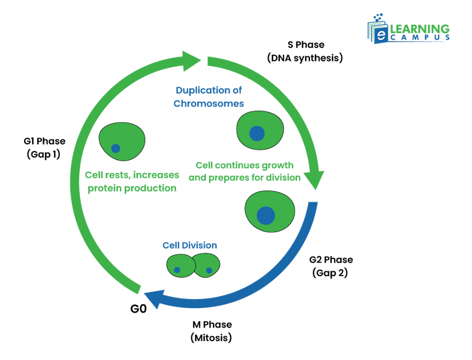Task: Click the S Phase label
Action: pos(305,45)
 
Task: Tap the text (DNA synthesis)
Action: pos(305,58)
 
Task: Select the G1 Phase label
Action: pos(44,141)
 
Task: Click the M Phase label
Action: pos(212,325)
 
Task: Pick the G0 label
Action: pos(139,309)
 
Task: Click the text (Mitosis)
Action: pos(211,338)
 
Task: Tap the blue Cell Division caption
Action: pos(190,245)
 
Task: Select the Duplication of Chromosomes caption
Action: pos(210,97)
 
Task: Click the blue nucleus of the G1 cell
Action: pos(116,148)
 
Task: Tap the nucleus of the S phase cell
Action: pos(257,133)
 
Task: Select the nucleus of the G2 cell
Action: pos(266,215)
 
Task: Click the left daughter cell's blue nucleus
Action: pos(177,269)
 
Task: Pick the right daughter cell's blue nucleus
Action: pos(209,270)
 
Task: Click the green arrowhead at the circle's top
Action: pos(192,59)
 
